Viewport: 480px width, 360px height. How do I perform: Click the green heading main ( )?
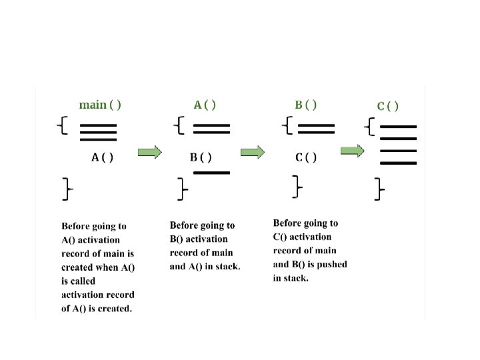pyautogui.click(x=100, y=105)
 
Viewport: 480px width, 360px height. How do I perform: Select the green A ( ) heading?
pyautogui.click(x=205, y=105)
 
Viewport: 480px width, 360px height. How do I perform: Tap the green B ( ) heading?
pyautogui.click(x=306, y=105)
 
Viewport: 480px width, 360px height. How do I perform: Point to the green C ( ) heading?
pyautogui.click(x=388, y=106)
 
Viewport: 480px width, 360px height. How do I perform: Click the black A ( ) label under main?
pyautogui.click(x=102, y=157)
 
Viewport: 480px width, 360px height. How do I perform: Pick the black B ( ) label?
pyautogui.click(x=201, y=157)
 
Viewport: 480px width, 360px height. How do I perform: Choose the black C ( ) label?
pyautogui.click(x=306, y=157)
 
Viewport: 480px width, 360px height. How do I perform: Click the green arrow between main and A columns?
pyautogui.click(x=149, y=153)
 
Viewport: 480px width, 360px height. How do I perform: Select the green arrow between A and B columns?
pyautogui.click(x=252, y=153)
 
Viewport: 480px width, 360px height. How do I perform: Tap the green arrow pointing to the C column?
pyautogui.click(x=353, y=151)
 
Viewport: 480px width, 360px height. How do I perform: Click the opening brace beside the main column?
pyautogui.click(x=62, y=125)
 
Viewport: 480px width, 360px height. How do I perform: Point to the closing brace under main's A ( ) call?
pyautogui.click(x=67, y=189)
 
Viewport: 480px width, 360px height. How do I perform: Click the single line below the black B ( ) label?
pyautogui.click(x=211, y=173)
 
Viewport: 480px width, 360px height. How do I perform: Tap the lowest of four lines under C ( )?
pyautogui.click(x=398, y=163)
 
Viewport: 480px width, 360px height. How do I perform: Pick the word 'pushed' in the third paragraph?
pyautogui.click(x=332, y=265)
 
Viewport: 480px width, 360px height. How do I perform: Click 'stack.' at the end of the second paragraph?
pyautogui.click(x=227, y=267)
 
